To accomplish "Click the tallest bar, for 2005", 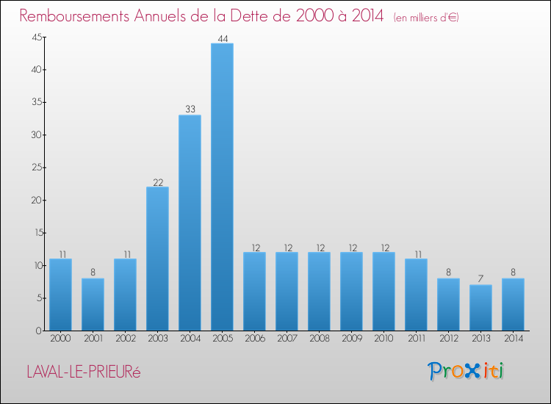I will tap(222, 187).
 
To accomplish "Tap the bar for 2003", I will tap(157, 259).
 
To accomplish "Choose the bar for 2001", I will tap(93, 304).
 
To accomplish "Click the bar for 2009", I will tap(351, 291).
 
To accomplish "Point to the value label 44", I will tap(222, 38).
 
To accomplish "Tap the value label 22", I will tap(157, 181).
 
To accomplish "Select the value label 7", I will tap(480, 279).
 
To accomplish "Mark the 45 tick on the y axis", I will tap(35, 37).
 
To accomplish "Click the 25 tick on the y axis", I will tap(35, 167).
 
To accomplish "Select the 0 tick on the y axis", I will tap(37, 331).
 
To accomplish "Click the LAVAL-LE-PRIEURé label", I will tap(82, 372).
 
